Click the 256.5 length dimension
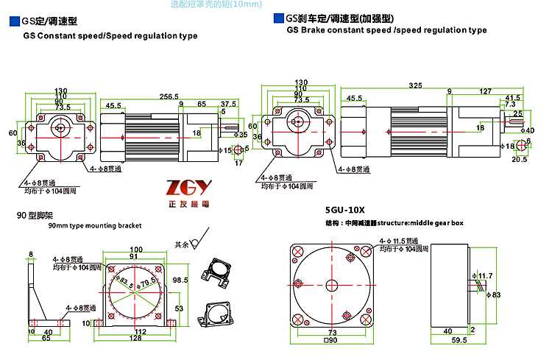(x=171, y=96)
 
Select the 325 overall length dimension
(x=416, y=85)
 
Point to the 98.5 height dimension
(x=180, y=280)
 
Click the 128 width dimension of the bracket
(x=135, y=338)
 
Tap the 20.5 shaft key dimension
(x=519, y=159)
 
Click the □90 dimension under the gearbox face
(x=331, y=340)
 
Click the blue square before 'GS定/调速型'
(x=14, y=23)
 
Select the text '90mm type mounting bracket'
(x=94, y=227)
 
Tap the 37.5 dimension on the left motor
(x=229, y=104)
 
